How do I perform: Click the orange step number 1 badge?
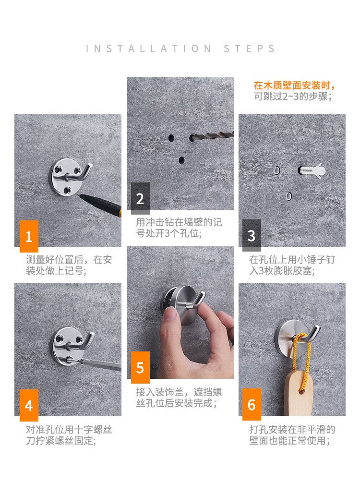(x=29, y=236)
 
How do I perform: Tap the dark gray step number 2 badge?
(x=141, y=198)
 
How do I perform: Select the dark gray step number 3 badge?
(x=252, y=235)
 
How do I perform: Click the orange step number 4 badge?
(x=29, y=405)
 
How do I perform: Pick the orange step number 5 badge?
(x=141, y=367)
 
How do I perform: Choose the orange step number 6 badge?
(x=252, y=404)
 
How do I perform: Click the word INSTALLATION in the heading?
(x=148, y=48)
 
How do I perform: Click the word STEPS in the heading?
(x=249, y=48)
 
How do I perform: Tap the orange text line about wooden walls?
(x=294, y=85)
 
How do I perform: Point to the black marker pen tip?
(x=80, y=195)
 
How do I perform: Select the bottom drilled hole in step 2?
(x=181, y=160)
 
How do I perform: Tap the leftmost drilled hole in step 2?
(x=171, y=138)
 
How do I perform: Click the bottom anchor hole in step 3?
(x=288, y=196)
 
